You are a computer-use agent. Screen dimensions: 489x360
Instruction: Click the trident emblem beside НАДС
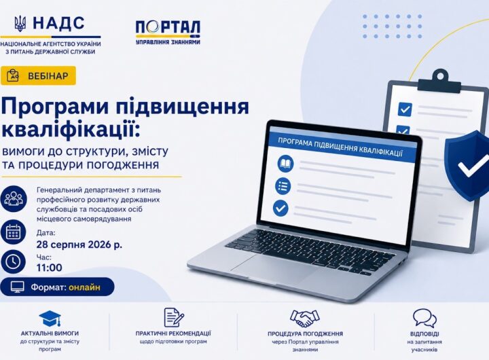pyautogui.click(x=20, y=23)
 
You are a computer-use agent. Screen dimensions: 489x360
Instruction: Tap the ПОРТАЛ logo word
pyautogui.click(x=168, y=28)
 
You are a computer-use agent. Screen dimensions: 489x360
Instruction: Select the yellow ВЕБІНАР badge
pyautogui.click(x=38, y=76)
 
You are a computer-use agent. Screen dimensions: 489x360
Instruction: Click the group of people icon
pyautogui.click(x=14, y=199)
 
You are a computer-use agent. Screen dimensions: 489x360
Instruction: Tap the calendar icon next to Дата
pyautogui.click(x=14, y=232)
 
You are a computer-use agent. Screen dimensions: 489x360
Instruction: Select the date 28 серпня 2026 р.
pyautogui.click(x=79, y=245)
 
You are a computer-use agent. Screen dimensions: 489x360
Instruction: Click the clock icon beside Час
pyautogui.click(x=14, y=262)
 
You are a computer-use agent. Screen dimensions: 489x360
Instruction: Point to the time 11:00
pyautogui.click(x=50, y=268)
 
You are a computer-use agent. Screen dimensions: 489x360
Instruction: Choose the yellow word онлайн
pyautogui.click(x=84, y=287)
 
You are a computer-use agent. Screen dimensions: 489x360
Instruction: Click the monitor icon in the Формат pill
pyautogui.click(x=18, y=287)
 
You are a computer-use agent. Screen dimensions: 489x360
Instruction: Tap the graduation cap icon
pyautogui.click(x=50, y=318)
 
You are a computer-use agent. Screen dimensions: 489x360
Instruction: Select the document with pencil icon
pyautogui.click(x=174, y=318)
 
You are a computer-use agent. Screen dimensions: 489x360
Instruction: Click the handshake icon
pyautogui.click(x=305, y=318)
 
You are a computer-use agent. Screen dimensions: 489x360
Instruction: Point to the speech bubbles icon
pyautogui.click(x=424, y=318)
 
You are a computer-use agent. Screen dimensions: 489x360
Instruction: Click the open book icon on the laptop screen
pyautogui.click(x=286, y=164)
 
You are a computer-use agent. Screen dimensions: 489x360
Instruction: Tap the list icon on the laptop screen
pyautogui.click(x=283, y=186)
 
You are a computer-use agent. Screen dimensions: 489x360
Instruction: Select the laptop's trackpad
pyautogui.click(x=271, y=268)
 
